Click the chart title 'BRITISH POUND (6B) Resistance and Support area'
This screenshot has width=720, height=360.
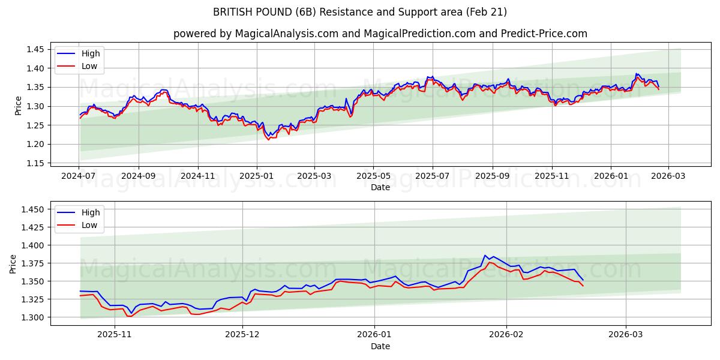359,12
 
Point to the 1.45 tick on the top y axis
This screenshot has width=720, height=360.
35,50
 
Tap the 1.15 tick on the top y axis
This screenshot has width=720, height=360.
35,163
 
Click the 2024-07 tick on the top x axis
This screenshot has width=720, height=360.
79,176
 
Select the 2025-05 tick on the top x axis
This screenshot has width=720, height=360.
373,176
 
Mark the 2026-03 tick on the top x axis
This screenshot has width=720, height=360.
668,176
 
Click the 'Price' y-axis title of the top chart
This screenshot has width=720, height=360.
18,106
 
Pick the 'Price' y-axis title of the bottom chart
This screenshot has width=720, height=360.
13,263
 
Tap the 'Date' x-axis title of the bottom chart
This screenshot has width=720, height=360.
380,346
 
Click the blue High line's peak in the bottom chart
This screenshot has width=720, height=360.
485,256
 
